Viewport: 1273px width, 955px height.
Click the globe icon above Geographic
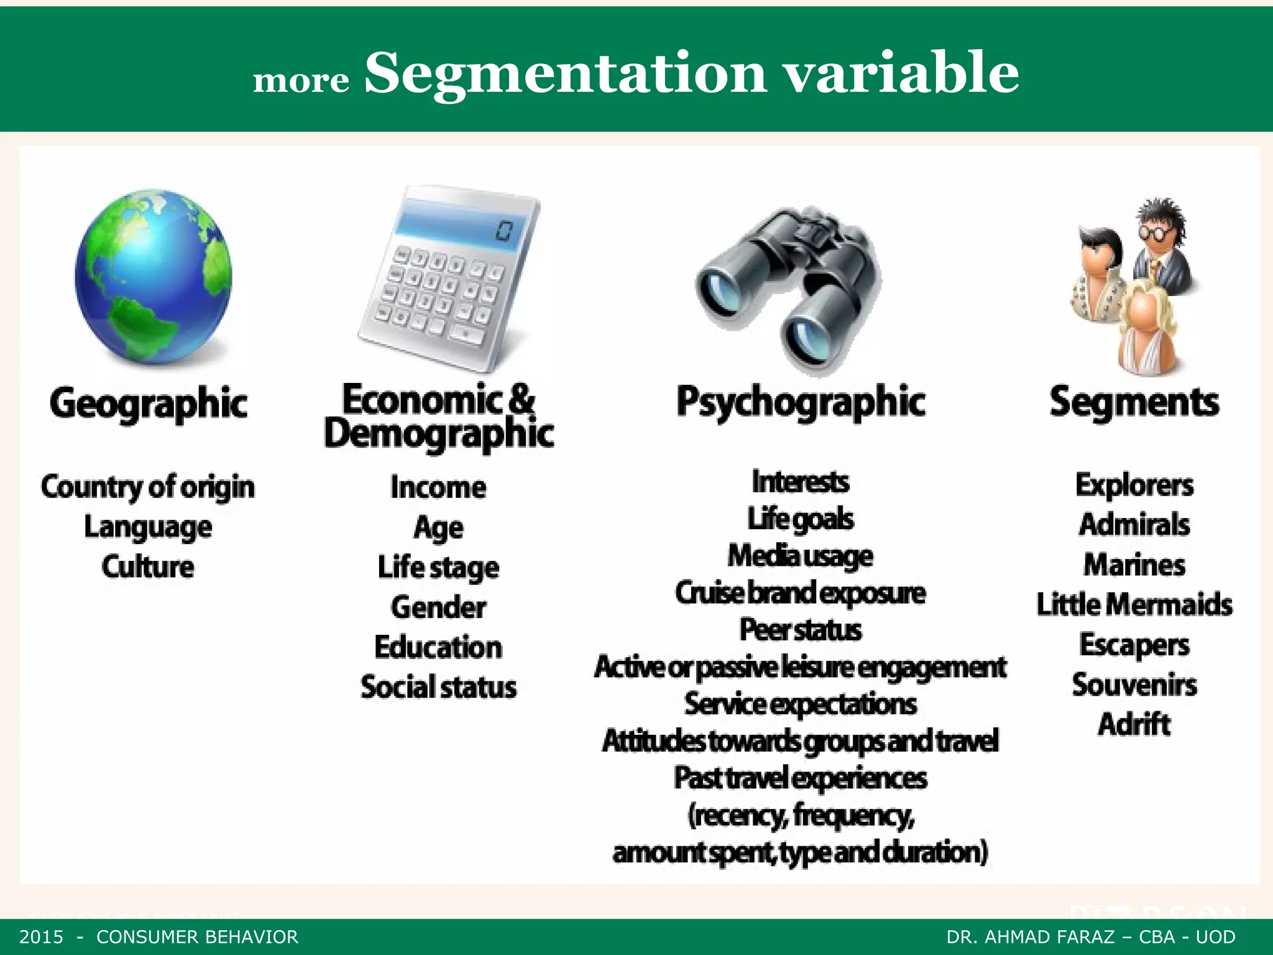click(153, 277)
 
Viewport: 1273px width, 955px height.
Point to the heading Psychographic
click(801, 402)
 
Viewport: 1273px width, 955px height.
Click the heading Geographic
click(149, 404)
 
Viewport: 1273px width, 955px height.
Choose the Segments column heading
click(1134, 402)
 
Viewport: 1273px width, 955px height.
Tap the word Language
click(148, 527)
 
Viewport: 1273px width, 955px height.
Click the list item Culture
click(148, 566)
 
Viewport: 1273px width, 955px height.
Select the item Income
click(438, 487)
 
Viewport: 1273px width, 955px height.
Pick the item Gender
click(438, 607)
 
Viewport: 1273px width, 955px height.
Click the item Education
click(438, 647)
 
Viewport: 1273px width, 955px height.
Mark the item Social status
click(438, 687)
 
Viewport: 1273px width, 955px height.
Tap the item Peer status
click(801, 630)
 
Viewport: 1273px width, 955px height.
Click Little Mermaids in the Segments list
click(1134, 604)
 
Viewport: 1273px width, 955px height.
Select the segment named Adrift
click(1134, 724)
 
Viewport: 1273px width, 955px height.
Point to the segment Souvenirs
click(1134, 685)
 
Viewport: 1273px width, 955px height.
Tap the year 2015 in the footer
click(42, 937)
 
